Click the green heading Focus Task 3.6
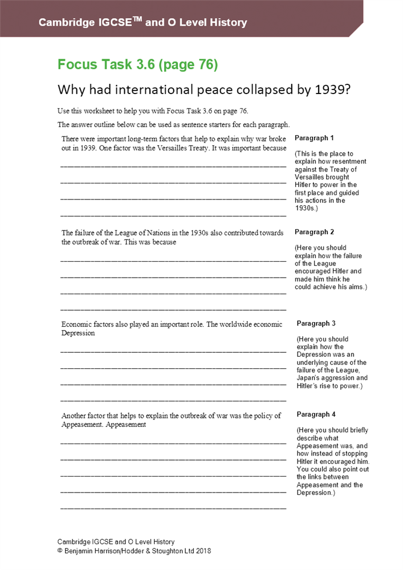click(x=137, y=65)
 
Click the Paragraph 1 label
click(x=314, y=139)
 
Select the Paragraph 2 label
click(x=314, y=233)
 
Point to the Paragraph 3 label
click(x=316, y=324)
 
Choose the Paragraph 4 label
click(x=316, y=415)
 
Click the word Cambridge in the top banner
click(x=66, y=23)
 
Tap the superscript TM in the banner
click(x=137, y=19)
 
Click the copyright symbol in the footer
click(x=60, y=552)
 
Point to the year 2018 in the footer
click(x=203, y=552)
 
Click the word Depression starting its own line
click(x=78, y=333)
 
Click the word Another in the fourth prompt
click(x=75, y=416)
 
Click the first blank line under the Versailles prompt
click(x=173, y=166)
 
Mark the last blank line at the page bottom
click(x=173, y=507)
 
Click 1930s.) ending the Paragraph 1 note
click(x=306, y=209)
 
